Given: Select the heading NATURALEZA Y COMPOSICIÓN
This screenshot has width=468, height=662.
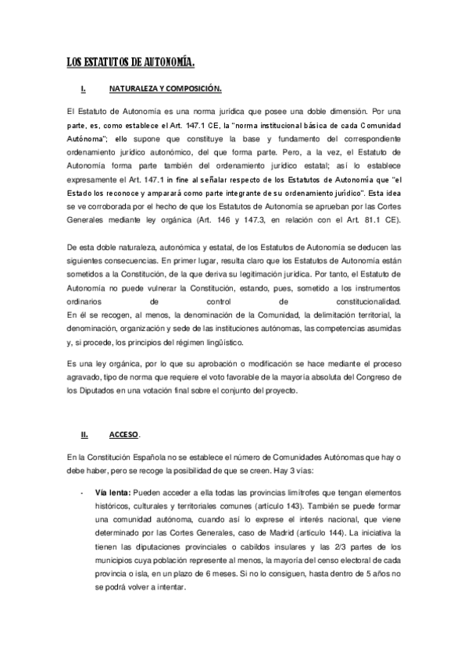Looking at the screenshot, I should [x=165, y=90].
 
